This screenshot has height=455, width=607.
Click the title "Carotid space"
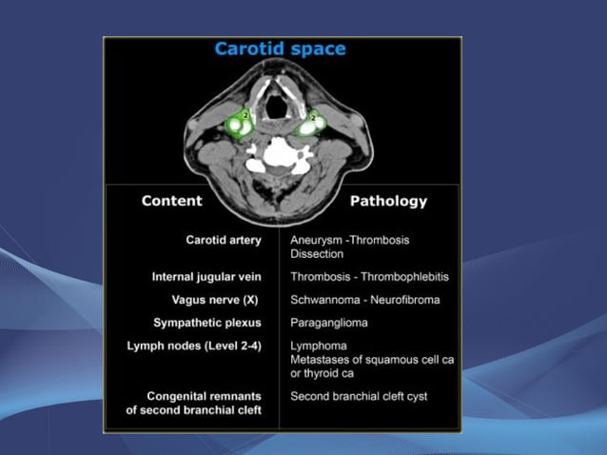coord(280,49)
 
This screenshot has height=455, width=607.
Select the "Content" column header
coord(171,201)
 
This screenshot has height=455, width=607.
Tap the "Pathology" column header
coord(388,201)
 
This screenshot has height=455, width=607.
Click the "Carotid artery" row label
coord(224,240)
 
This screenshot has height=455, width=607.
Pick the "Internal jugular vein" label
coord(206,277)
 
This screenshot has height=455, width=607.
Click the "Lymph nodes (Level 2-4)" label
coord(194,345)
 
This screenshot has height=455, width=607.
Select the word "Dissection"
coord(317,254)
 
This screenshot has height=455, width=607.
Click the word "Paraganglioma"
coord(329,322)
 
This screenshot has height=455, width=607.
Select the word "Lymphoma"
coord(319,345)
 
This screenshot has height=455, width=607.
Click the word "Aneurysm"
coord(319,240)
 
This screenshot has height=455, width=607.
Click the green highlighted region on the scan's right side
coord(311,125)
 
